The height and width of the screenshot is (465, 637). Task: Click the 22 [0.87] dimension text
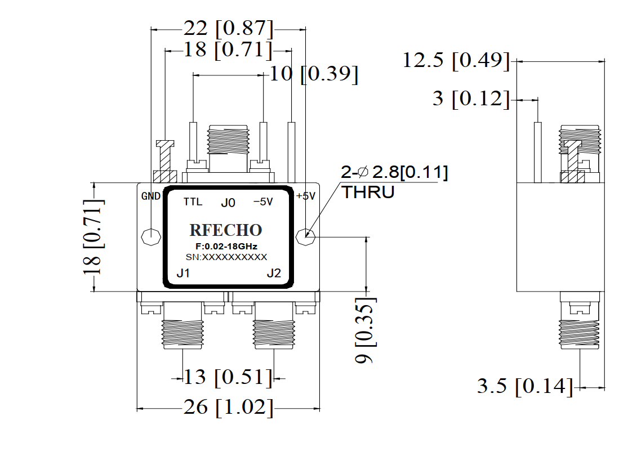point(228,28)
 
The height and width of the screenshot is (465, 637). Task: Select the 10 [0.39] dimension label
point(314,74)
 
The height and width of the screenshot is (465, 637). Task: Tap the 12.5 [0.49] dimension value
point(456,60)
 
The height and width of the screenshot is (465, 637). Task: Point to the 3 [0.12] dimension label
point(471,99)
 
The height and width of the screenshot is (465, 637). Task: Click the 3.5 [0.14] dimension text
point(525,386)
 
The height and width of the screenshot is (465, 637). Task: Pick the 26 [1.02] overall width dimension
point(228,408)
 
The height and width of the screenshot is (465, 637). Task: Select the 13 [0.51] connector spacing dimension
point(228,377)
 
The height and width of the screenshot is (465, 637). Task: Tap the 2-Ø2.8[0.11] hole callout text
point(394,172)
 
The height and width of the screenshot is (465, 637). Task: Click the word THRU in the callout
point(368,192)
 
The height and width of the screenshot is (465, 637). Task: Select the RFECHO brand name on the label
point(226,230)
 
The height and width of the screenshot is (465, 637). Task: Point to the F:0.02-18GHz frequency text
point(226,247)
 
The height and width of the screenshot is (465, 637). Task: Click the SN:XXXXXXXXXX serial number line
point(226,257)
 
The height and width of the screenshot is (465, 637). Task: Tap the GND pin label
point(151,196)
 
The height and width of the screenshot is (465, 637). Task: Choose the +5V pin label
point(305,196)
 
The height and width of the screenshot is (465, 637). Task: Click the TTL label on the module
point(193,202)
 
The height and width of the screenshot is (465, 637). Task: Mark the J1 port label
point(183,273)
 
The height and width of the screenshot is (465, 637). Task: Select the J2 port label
point(274,273)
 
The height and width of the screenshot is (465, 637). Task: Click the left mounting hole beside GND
point(151,237)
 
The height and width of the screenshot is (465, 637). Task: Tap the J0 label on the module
point(228,203)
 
